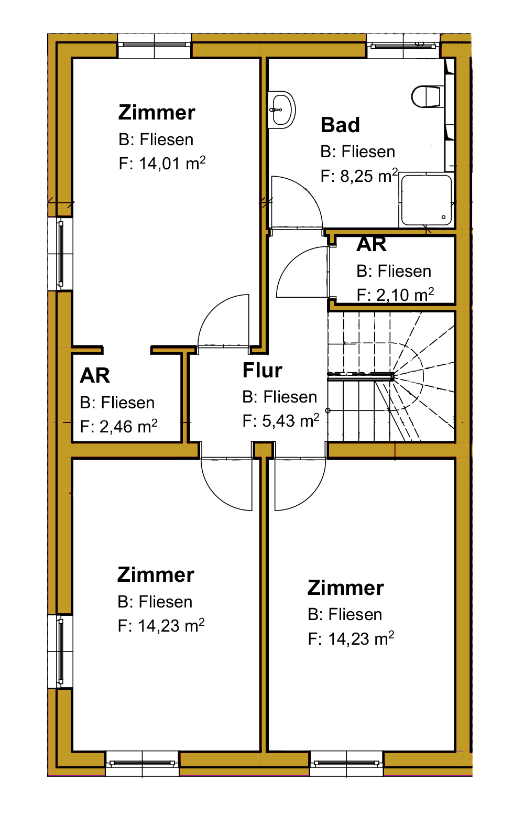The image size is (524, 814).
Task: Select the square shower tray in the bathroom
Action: (426, 200)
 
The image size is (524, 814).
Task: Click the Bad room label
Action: (340, 125)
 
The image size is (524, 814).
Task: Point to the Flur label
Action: (263, 370)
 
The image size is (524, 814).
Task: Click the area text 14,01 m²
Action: (172, 163)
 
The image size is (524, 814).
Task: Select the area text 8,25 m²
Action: (369, 176)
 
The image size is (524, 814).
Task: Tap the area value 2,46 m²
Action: (128, 426)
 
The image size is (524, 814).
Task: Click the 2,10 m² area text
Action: (405, 295)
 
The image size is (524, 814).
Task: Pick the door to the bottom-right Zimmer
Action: (300, 484)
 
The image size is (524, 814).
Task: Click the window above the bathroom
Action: (403, 46)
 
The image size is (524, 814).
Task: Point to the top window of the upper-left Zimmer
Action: (155, 46)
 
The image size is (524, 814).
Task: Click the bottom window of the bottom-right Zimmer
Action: (346, 763)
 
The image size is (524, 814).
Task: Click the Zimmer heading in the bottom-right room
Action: (346, 588)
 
